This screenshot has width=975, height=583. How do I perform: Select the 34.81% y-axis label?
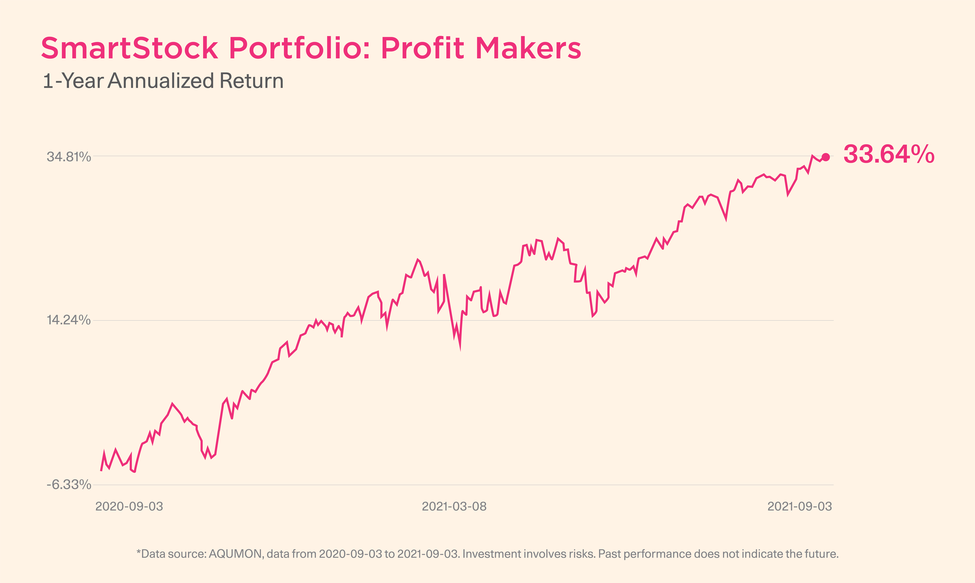pyautogui.click(x=69, y=157)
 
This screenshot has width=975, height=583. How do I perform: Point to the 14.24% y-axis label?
pyautogui.click(x=69, y=320)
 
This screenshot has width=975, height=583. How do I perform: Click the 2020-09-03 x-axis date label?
pyautogui.click(x=129, y=506)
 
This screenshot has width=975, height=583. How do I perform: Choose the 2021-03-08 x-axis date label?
pyautogui.click(x=454, y=506)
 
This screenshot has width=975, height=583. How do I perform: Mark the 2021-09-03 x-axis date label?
pyautogui.click(x=799, y=506)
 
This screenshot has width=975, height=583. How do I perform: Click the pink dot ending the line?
pyautogui.click(x=826, y=157)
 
